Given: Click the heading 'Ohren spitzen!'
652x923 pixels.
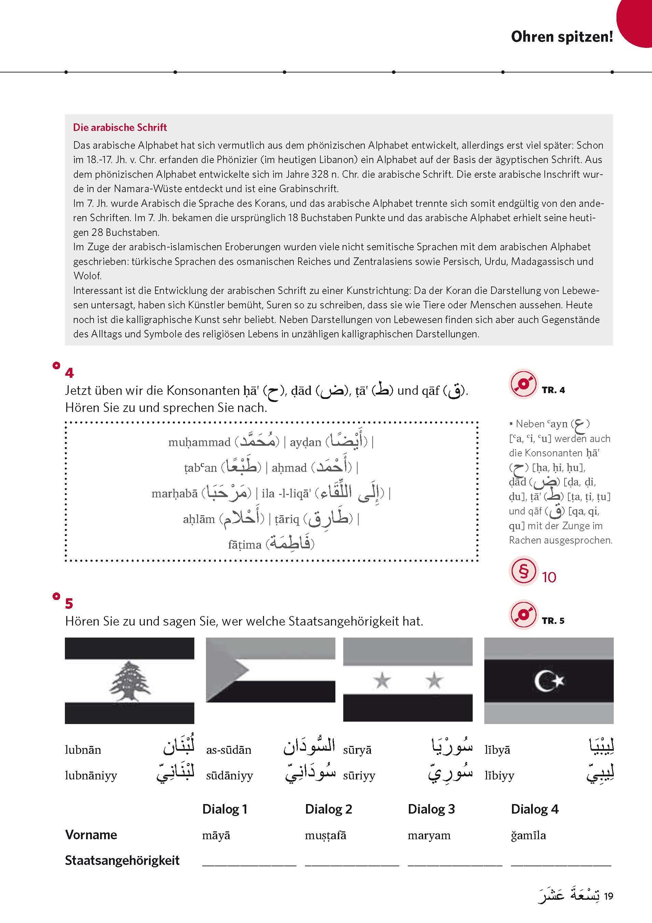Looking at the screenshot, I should click(561, 37).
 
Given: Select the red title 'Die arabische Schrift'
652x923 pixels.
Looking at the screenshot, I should click(120, 128).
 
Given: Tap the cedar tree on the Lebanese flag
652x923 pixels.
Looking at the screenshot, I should click(129, 681).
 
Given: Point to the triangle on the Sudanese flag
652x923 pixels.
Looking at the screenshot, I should click(226, 670).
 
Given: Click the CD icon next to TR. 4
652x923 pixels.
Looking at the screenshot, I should click(523, 384).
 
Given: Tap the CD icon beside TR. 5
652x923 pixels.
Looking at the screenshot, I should click(523, 615).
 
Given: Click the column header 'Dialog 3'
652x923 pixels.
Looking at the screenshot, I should click(431, 809).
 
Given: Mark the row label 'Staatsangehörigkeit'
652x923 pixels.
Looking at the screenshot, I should click(122, 860).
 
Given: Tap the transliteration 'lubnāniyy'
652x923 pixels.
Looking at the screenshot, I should click(91, 775).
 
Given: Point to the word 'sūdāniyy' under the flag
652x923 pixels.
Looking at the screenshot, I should click(230, 775).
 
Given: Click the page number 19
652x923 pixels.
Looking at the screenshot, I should click(608, 896).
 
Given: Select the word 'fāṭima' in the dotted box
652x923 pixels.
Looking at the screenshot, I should click(245, 545).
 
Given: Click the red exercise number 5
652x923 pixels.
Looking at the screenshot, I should click(69, 603).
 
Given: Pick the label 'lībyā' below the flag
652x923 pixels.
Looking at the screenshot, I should click(497, 750).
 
